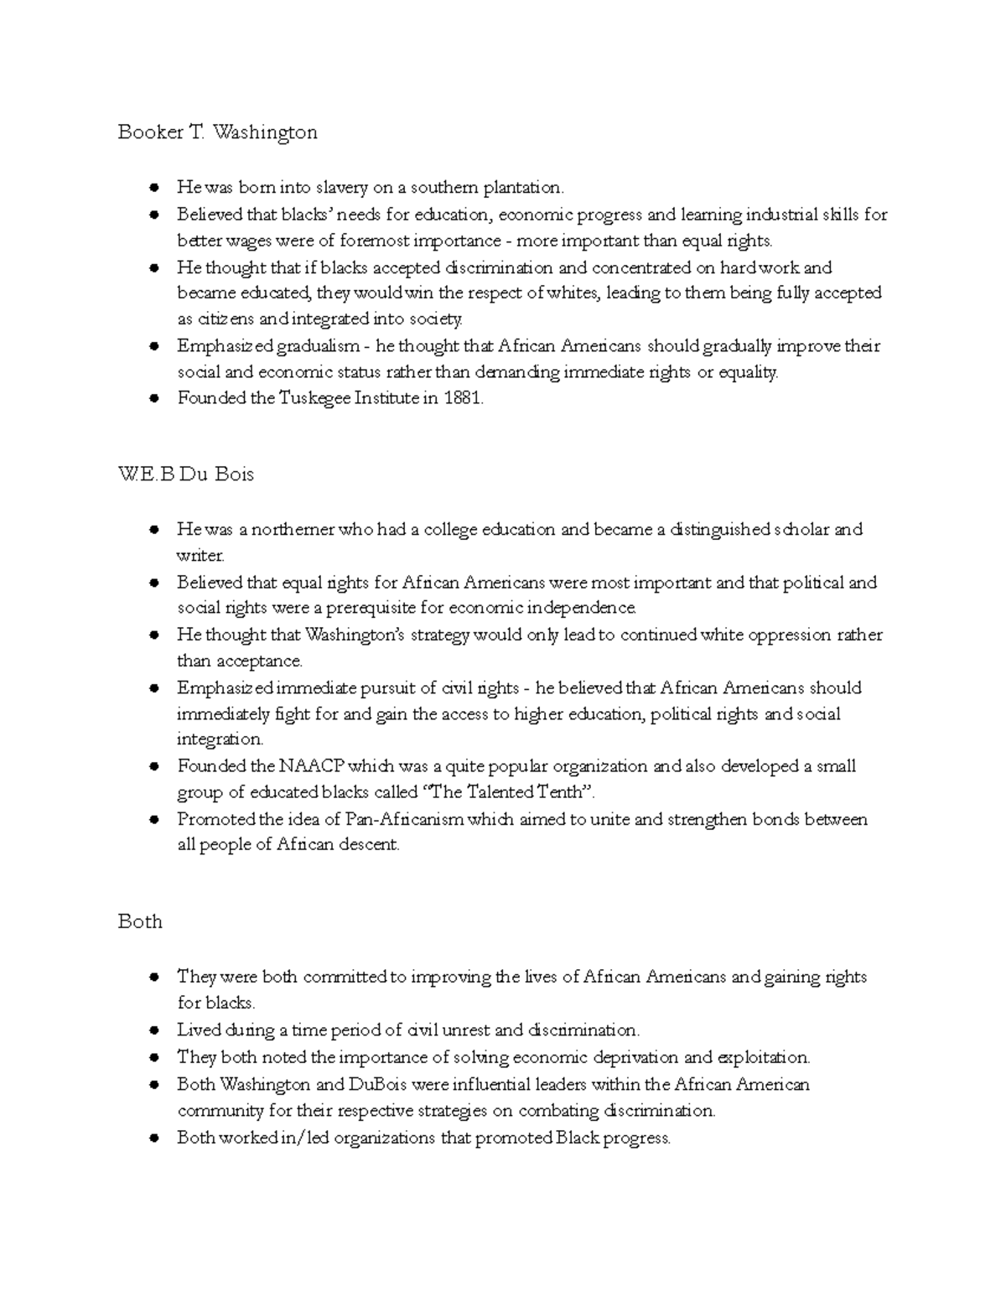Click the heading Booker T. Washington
coord(217,132)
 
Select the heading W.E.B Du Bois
coord(185,475)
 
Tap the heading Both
coord(139,921)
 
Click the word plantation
coord(518,187)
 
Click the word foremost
coord(374,241)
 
